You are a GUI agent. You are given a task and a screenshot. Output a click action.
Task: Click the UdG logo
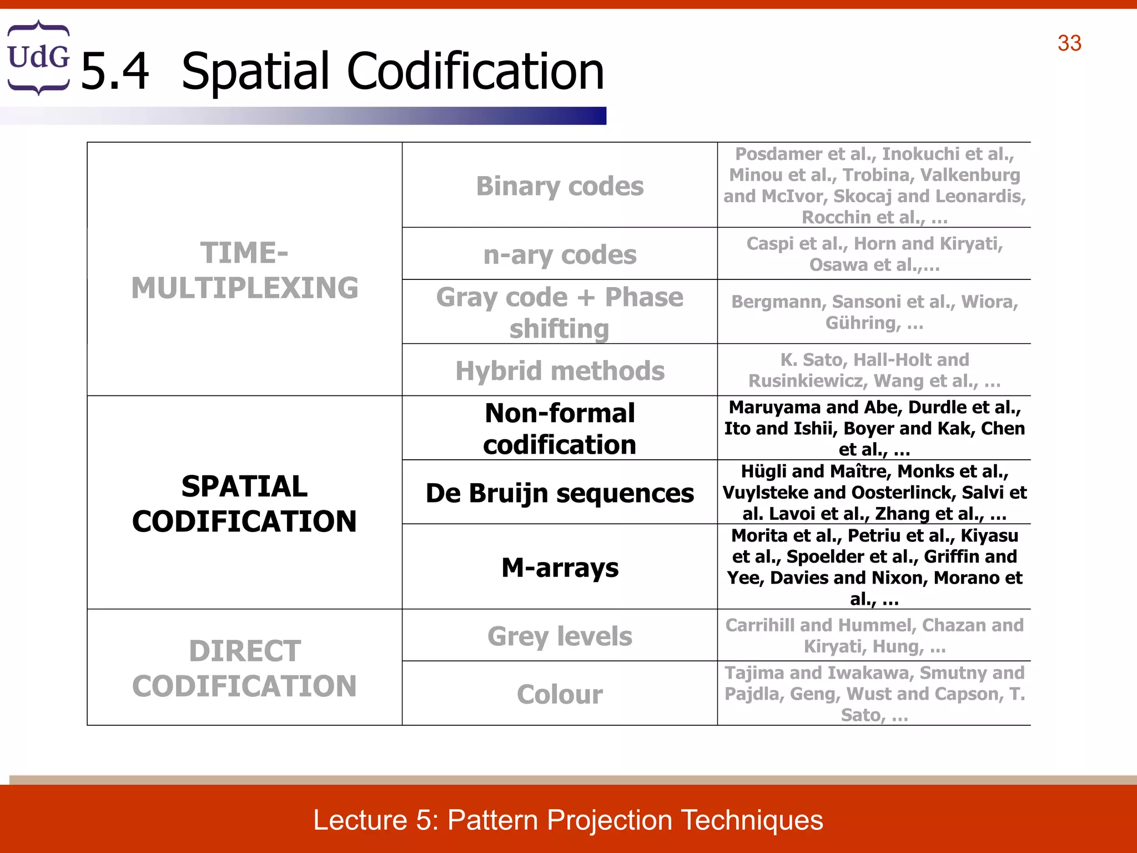[x=38, y=57]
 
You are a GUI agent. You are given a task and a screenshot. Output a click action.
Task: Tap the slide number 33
[x=1069, y=43]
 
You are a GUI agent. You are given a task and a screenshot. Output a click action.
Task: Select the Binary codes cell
[x=560, y=186]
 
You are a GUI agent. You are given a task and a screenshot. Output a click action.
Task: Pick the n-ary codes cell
[x=560, y=255]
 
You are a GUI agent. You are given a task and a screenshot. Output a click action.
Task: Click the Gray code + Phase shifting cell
[x=560, y=312]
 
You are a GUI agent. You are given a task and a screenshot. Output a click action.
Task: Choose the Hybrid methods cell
[x=560, y=370]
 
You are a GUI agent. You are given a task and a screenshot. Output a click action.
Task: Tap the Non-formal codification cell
[x=560, y=428]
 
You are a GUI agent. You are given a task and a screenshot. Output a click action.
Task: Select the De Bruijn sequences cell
[x=560, y=493]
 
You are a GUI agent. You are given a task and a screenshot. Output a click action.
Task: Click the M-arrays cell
[x=560, y=567]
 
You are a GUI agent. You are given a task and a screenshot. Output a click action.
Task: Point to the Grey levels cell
[x=560, y=636]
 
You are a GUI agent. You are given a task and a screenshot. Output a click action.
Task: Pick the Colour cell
[x=560, y=694]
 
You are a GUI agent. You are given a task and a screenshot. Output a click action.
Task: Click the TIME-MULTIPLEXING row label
[x=244, y=270]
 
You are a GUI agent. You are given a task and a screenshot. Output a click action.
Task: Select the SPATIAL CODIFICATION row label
[x=244, y=503]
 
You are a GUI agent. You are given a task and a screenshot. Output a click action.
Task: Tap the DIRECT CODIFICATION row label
[x=244, y=668]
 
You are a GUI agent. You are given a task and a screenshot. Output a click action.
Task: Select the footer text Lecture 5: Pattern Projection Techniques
[x=568, y=820]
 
